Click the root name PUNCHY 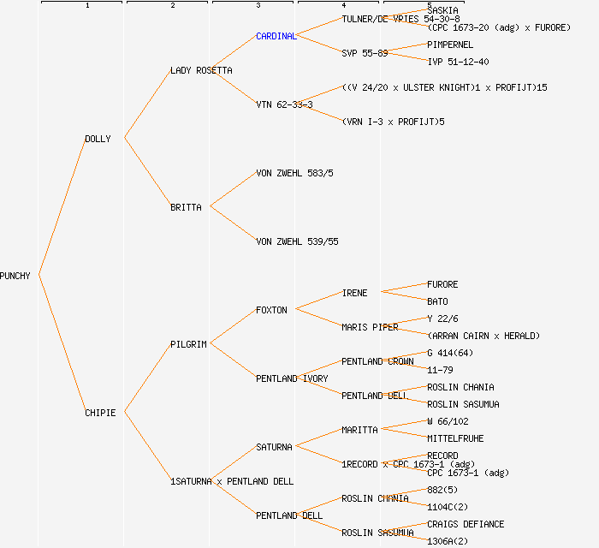pyautogui.click(x=15, y=276)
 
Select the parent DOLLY pyautogui.click(x=98, y=139)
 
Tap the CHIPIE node pyautogui.click(x=100, y=413)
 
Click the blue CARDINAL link pyautogui.click(x=276, y=36)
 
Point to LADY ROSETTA pyautogui.click(x=201, y=70)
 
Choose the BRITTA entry pyautogui.click(x=186, y=207)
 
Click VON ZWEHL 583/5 pyautogui.click(x=294, y=173)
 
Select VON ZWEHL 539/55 pyautogui.click(x=297, y=241)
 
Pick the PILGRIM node pyautogui.click(x=188, y=344)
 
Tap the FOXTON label pyautogui.click(x=271, y=310)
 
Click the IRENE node pyautogui.click(x=354, y=293)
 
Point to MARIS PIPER pyautogui.click(x=370, y=327)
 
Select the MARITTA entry pyautogui.click(x=359, y=430)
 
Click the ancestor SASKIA pyautogui.click(x=442, y=10)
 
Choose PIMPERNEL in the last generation pyautogui.click(x=450, y=45)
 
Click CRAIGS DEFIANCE pyautogui.click(x=466, y=524)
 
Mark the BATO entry pyautogui.click(x=437, y=301)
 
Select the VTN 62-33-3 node pyautogui.click(x=284, y=104)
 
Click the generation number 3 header pyautogui.click(x=258, y=6)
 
